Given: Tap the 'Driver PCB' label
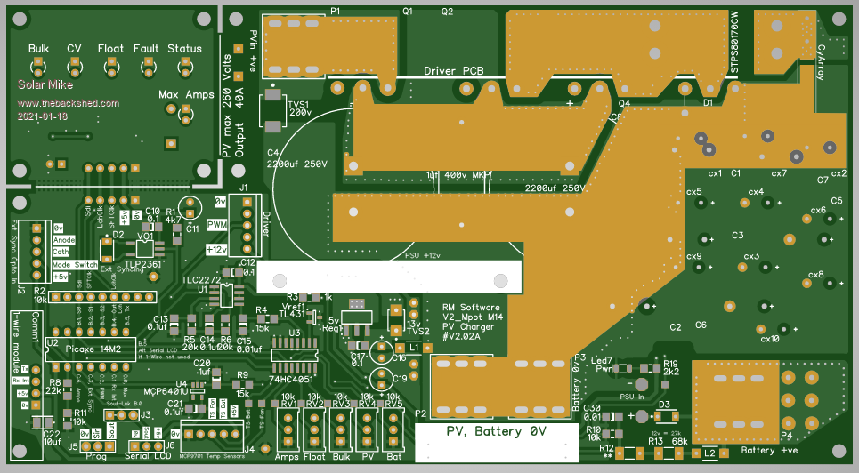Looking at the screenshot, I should pos(454,71).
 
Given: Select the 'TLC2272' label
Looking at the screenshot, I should pos(202,279).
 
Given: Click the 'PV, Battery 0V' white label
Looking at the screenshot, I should pos(496,431).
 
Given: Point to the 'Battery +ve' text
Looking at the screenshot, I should pos(770,452).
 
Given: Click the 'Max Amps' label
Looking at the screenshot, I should pos(182,94).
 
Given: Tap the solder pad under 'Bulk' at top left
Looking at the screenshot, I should pos(38,66).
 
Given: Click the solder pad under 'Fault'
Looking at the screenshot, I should pos(147,66).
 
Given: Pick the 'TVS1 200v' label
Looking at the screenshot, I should pos(297,108).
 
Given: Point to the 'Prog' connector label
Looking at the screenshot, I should pos(95,457).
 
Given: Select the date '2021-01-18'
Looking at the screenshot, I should pos(43,116).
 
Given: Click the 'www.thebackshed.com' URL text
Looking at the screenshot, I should pos(69,103).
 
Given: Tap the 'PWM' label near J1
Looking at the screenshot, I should pos(217,226).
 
